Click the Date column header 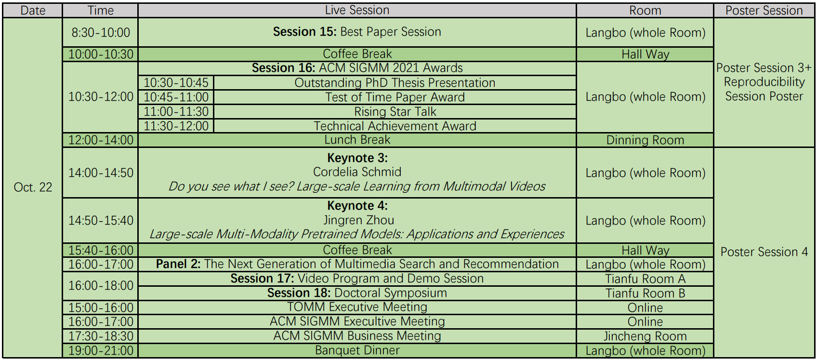point(33,11)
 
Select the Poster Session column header point(764,11)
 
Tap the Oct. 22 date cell point(33,187)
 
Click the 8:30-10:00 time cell point(101,32)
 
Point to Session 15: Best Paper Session point(357,32)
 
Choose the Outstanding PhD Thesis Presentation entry point(395,83)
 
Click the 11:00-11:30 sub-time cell point(176,112)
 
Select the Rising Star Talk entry point(395,112)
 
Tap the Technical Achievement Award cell point(395,126)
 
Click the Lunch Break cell point(357,140)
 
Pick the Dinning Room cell point(645,140)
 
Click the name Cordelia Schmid point(357,172)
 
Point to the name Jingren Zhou point(358,220)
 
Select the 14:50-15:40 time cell point(101,221)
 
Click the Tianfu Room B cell point(645,293)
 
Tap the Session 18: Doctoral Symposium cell point(357,293)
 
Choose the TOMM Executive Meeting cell point(357,307)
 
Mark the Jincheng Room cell point(645,336)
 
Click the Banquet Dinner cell point(357,350)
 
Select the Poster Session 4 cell point(764,252)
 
